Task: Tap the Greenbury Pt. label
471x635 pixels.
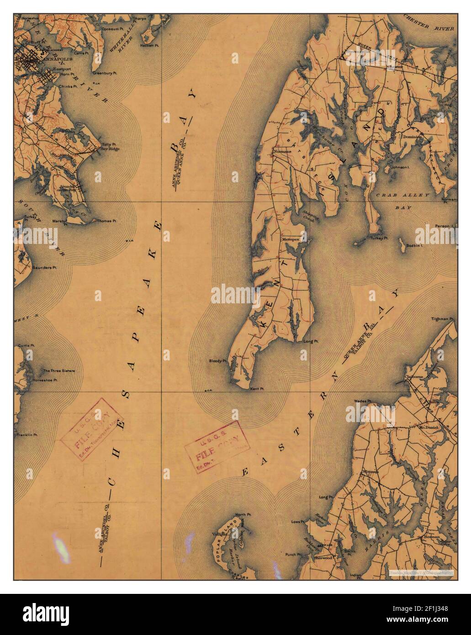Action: pos(102,73)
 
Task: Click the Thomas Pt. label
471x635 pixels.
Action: pos(107,221)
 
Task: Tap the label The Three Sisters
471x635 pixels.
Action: pos(59,370)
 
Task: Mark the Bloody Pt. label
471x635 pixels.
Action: pos(218,360)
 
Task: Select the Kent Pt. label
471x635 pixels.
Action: pos(257,389)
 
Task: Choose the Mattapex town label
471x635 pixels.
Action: pos(289,238)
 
